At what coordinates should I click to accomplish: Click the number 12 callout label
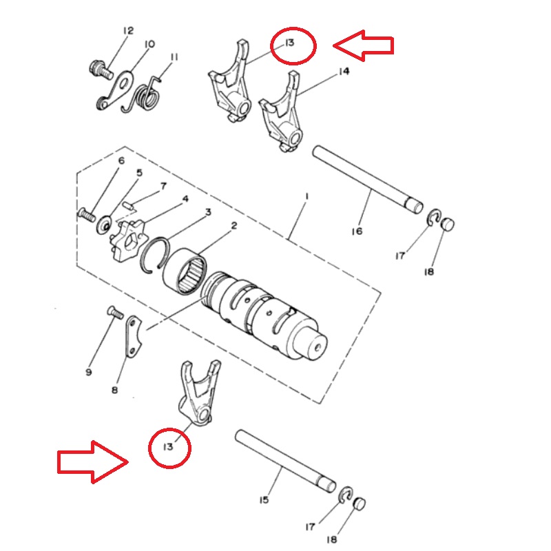[x=128, y=30]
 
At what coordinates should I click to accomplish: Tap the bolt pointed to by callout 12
[x=101, y=70]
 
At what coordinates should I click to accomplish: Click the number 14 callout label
[x=344, y=72]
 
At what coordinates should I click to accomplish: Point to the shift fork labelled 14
[x=282, y=112]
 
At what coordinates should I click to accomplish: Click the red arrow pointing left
[x=363, y=45]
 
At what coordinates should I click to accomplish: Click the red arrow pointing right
[x=93, y=461]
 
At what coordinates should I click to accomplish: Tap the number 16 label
[x=357, y=231]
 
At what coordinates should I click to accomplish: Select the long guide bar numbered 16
[x=368, y=180]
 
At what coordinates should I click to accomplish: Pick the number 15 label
[x=264, y=499]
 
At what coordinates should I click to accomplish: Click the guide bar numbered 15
[x=285, y=461]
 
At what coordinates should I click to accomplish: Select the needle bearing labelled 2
[x=185, y=271]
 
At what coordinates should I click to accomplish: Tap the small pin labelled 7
[x=129, y=205]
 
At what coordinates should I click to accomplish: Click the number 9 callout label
[x=89, y=372]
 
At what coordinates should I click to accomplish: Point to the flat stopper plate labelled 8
[x=133, y=336]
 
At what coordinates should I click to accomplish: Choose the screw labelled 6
[x=87, y=215]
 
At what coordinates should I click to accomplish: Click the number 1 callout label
[x=306, y=196]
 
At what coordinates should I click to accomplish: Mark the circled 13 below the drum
[x=169, y=448]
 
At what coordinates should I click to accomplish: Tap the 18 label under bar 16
[x=428, y=271]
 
